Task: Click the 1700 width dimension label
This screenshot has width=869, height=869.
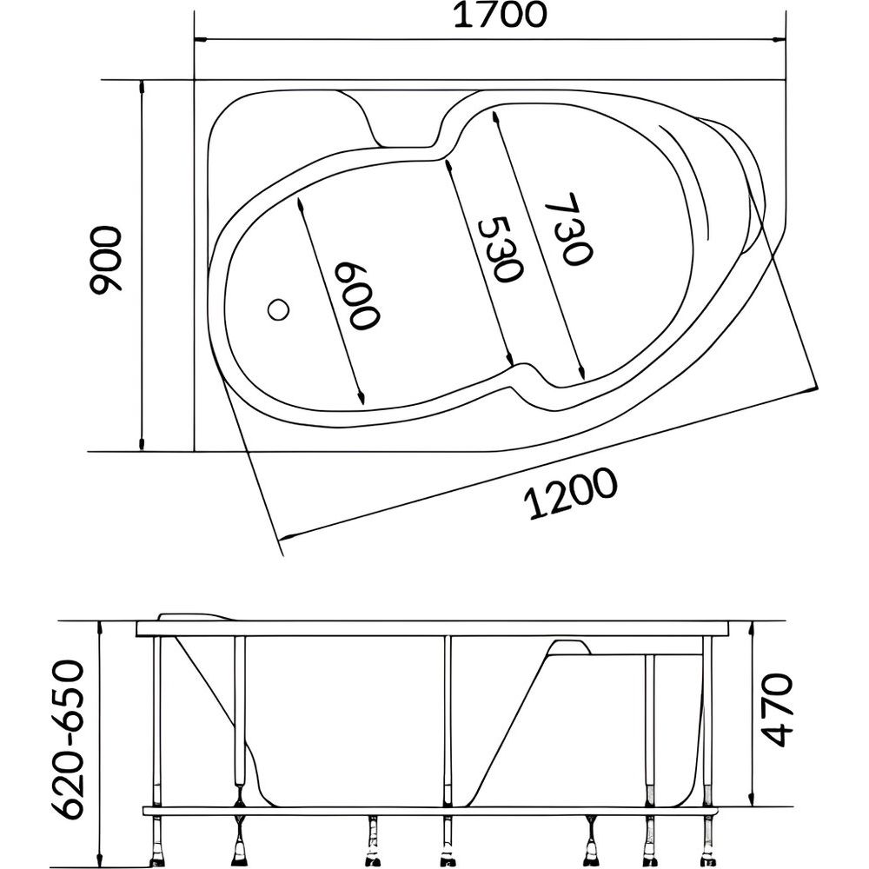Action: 501,16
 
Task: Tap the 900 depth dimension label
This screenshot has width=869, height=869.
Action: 105,259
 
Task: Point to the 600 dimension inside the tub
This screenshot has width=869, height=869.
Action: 357,295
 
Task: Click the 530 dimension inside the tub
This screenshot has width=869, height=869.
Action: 500,249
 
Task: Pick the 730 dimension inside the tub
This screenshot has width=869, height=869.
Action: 568,229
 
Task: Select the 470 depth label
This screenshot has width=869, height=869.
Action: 778,709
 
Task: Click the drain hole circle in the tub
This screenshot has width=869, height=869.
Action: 278,309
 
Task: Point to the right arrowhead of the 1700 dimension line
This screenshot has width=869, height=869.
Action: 779,40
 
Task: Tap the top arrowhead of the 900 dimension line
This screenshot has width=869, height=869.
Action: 142,86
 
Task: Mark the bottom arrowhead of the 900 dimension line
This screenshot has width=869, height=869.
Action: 142,444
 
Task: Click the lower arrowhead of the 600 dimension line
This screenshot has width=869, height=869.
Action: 361,397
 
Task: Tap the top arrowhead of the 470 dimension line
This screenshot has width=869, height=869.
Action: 752,627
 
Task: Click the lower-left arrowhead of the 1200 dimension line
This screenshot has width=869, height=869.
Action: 284,536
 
